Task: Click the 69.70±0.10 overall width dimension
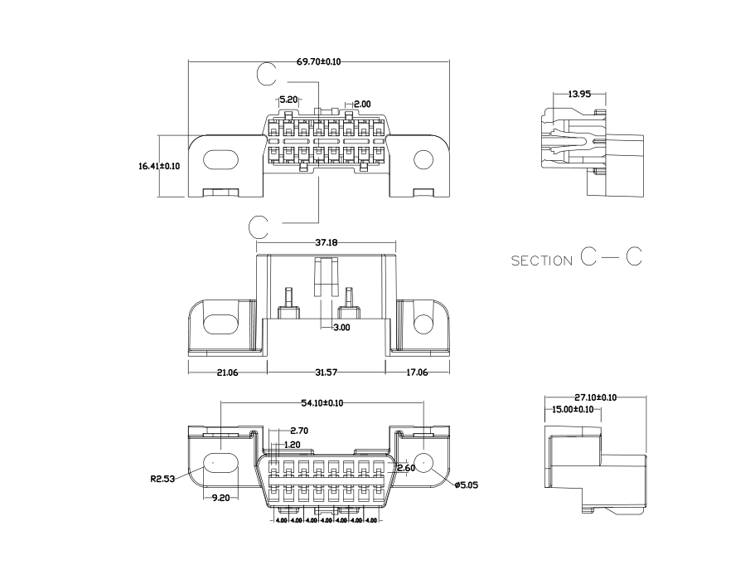[x=319, y=61]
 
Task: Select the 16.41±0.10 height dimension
[x=159, y=166]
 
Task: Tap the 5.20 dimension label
[x=288, y=100]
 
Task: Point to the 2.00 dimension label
[x=362, y=104]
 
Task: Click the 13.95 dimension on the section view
[x=579, y=95]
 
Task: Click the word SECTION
[x=541, y=261]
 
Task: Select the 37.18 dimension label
[x=327, y=244]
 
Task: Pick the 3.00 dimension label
[x=341, y=328]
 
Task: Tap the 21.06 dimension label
[x=227, y=373]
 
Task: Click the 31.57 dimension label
[x=327, y=373]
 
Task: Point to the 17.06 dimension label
[x=416, y=373]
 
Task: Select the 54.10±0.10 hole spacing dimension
[x=322, y=403]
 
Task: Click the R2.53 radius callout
[x=162, y=479]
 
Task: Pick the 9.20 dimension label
[x=220, y=498]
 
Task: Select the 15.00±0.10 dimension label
[x=573, y=409]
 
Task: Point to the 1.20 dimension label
[x=293, y=445]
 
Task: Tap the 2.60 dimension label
[x=406, y=469]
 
